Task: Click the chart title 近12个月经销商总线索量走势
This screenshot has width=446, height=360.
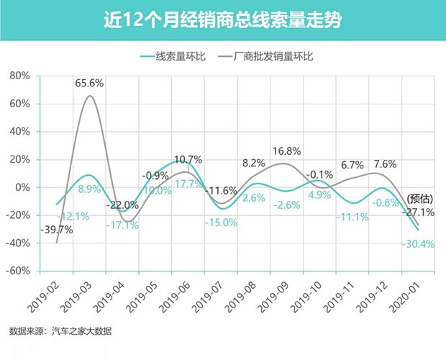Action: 222,20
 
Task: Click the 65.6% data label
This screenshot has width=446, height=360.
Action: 89,84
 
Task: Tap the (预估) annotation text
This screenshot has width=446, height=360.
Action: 419,199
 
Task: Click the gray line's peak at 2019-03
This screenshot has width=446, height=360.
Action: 89,96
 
